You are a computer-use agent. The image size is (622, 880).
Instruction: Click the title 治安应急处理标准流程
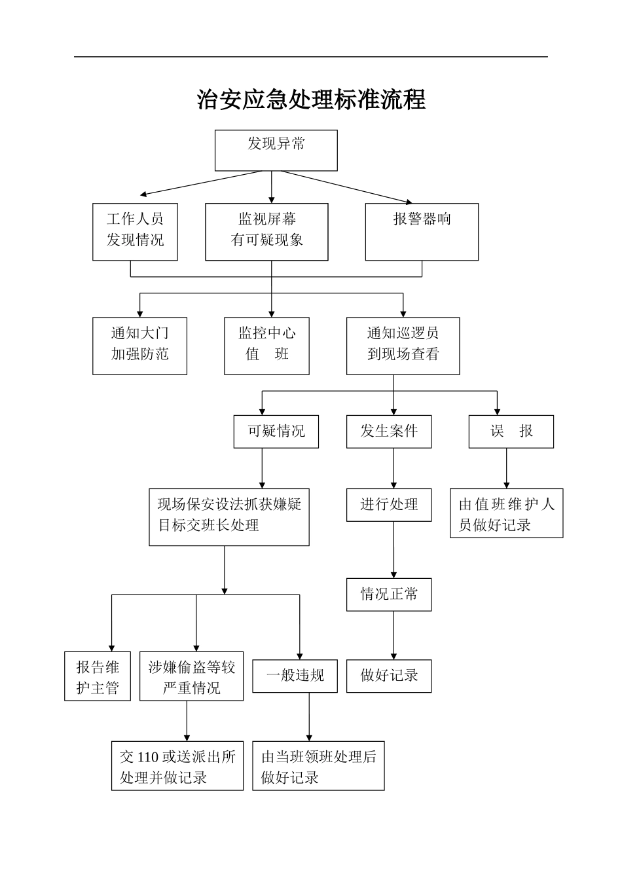pyautogui.click(x=311, y=100)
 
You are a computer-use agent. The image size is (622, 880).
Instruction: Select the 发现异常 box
pyautogui.click(x=276, y=150)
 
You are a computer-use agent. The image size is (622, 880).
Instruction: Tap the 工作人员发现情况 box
pyautogui.click(x=135, y=232)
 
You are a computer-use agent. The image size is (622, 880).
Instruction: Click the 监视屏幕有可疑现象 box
pyautogui.click(x=266, y=232)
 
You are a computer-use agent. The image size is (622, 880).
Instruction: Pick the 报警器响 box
pyautogui.click(x=422, y=232)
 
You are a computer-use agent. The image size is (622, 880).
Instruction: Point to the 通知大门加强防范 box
pyautogui.click(x=139, y=346)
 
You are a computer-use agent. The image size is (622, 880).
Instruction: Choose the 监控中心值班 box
pyautogui.click(x=266, y=346)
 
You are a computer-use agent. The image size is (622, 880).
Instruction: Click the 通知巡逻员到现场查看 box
pyautogui.click(x=403, y=346)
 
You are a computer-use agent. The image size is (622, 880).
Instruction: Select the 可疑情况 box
pyautogui.click(x=276, y=431)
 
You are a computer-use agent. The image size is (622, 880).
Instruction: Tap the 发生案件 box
pyautogui.click(x=389, y=431)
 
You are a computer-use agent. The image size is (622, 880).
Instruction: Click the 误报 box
pyautogui.click(x=511, y=431)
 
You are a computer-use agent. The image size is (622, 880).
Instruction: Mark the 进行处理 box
pyautogui.click(x=389, y=505)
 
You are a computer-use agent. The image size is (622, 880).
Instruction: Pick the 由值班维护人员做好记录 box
pyautogui.click(x=506, y=513)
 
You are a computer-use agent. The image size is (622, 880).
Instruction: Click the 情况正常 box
pyautogui.click(x=389, y=595)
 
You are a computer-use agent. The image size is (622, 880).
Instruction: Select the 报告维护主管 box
pyautogui.click(x=98, y=676)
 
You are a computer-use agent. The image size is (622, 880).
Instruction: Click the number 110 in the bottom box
pyautogui.click(x=148, y=758)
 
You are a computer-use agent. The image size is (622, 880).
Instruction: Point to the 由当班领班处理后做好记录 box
pyautogui.click(x=318, y=766)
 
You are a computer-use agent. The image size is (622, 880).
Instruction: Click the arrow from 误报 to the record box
pyautogui.click(x=506, y=468)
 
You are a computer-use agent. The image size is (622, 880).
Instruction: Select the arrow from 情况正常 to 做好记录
pyautogui.click(x=393, y=635)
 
